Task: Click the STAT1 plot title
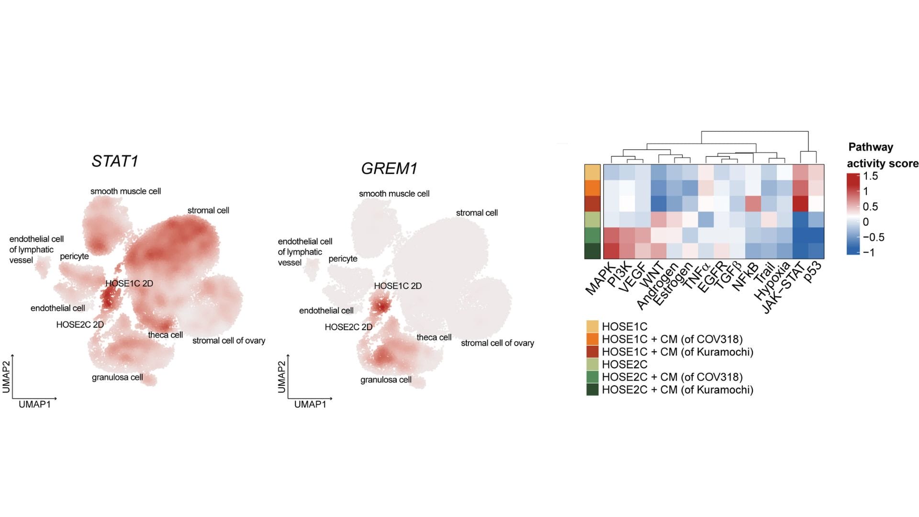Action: click(115, 161)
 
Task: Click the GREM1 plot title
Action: click(389, 169)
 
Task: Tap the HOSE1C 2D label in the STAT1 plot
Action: click(129, 283)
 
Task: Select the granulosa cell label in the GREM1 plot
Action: click(386, 380)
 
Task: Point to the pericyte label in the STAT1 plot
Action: click(74, 256)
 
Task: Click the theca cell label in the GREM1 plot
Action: click(434, 337)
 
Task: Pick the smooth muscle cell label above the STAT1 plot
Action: click(125, 191)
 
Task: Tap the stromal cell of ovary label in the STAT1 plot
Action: click(228, 341)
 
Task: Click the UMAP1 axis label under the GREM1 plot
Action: click(310, 405)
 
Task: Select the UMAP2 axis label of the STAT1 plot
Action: click(6, 377)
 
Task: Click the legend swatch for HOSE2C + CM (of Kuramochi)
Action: click(592, 390)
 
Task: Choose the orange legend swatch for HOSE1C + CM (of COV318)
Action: click(592, 339)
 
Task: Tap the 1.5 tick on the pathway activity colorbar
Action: click(870, 176)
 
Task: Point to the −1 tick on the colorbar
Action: click(869, 252)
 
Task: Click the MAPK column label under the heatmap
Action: click(600, 279)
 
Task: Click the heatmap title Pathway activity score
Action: click(882, 155)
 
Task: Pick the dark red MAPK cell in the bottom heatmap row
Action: click(611, 251)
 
